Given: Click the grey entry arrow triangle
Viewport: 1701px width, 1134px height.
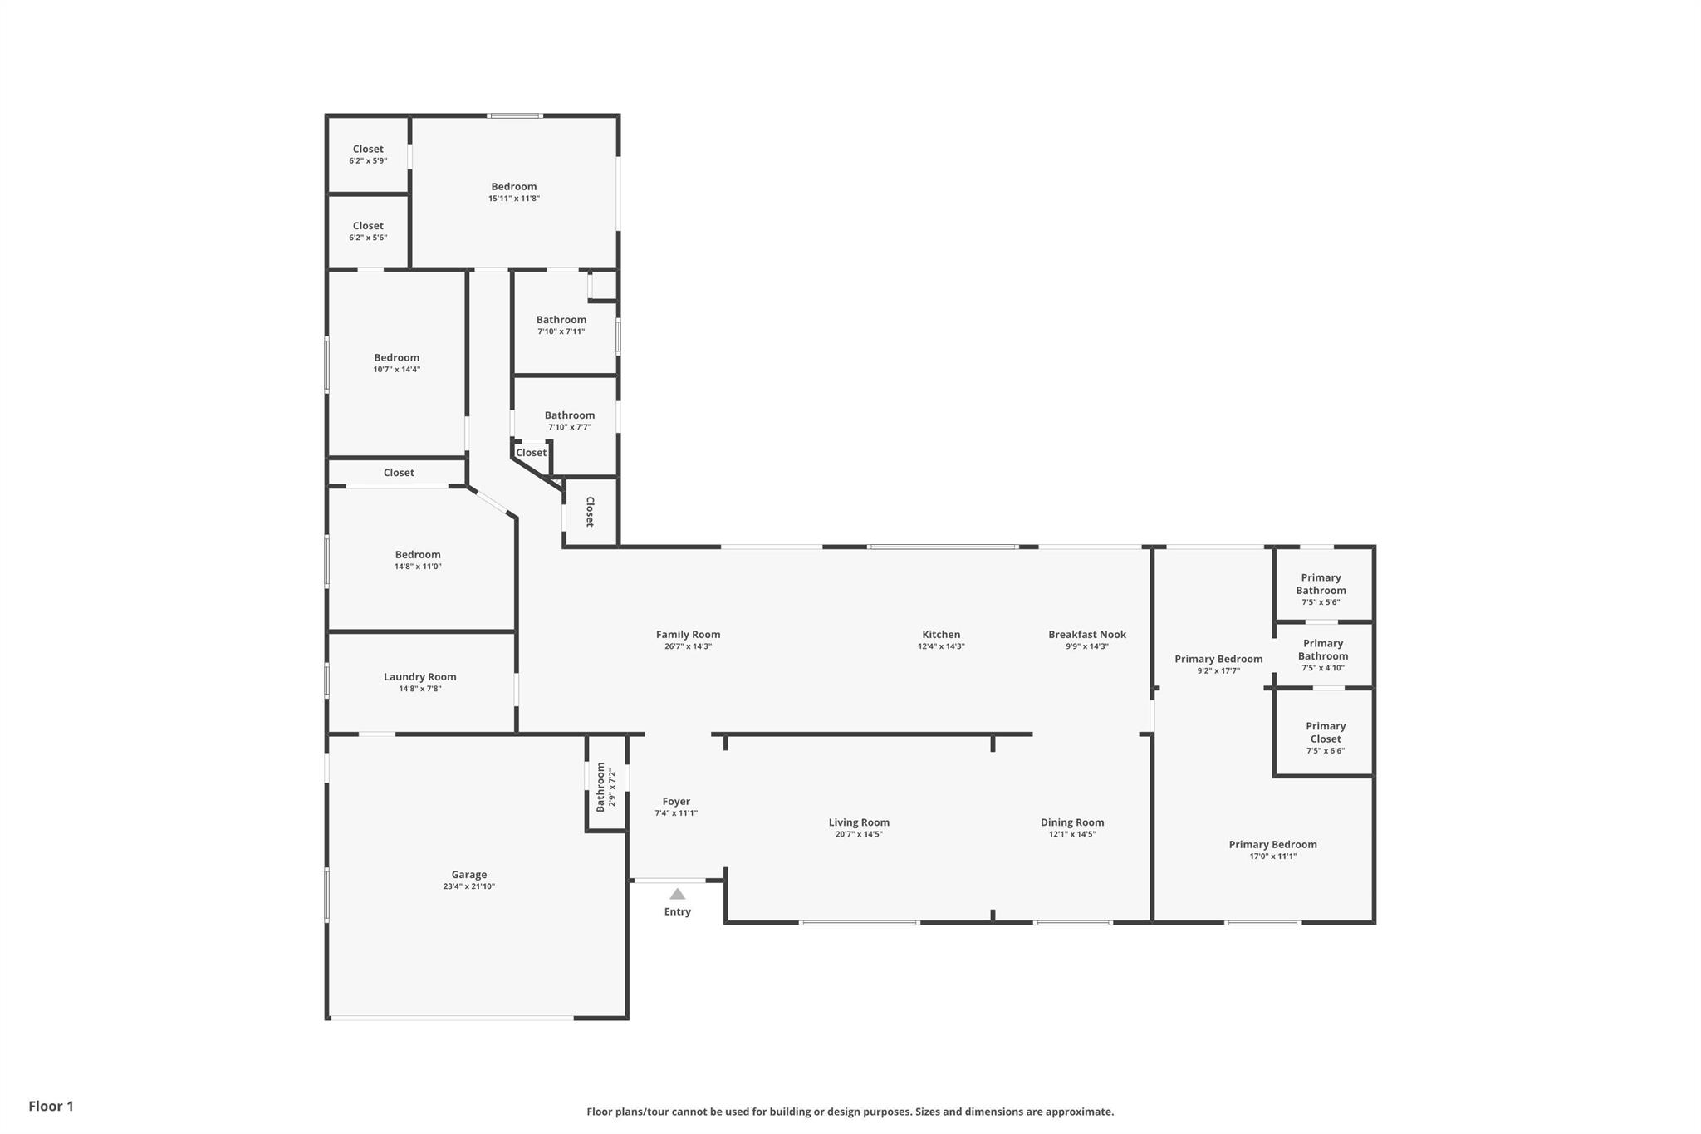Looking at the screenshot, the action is point(678,894).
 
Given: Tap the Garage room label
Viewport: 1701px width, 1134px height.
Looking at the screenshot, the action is point(469,874).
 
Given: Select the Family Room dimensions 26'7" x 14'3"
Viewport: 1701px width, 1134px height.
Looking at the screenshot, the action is point(689,646).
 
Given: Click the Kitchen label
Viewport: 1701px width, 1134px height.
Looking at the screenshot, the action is point(941,635).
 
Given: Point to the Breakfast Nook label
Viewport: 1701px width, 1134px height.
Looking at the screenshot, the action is point(1087,635).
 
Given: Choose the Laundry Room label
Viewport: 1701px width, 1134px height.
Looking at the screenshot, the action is point(420,677).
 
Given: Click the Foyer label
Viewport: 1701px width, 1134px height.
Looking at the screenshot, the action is point(676,802).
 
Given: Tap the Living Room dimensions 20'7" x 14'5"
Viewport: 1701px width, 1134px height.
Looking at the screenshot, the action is point(859,834).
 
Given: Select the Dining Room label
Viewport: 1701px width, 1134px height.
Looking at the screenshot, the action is point(1072,822).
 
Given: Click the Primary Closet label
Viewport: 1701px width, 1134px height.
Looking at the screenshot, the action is point(1326,732).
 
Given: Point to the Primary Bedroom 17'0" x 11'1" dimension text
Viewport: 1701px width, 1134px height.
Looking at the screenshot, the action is point(1273,857).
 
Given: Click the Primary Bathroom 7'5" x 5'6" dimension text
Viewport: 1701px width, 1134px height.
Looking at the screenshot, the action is point(1321,602).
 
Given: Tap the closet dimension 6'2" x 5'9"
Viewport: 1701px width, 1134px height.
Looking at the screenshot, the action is point(368,160).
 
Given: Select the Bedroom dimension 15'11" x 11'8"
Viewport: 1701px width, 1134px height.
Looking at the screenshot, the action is point(514,199).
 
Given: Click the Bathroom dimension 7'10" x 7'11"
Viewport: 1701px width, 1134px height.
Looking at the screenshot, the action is point(561,331).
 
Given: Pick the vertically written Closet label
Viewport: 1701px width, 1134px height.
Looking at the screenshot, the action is point(590,512).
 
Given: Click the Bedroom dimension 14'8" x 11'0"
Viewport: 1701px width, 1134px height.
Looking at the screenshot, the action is point(418,567).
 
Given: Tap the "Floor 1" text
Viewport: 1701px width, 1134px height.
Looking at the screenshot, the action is point(51,1106).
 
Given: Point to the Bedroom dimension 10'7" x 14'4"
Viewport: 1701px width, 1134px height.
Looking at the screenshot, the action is point(397,370).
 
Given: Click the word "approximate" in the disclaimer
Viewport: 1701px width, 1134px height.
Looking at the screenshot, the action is point(1079,1112).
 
